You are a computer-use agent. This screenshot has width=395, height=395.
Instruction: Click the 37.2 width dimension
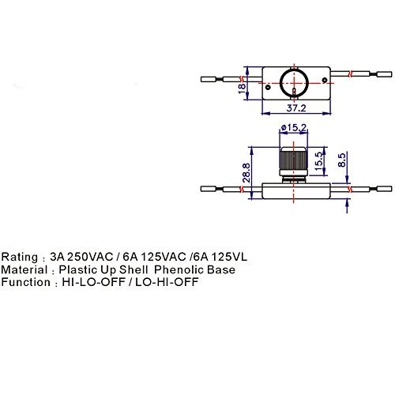(x=296, y=108)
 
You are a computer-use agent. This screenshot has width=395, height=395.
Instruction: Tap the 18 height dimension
(x=242, y=88)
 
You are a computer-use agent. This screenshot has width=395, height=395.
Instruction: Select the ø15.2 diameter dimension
(x=294, y=128)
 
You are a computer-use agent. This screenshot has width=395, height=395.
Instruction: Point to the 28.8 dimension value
(x=246, y=173)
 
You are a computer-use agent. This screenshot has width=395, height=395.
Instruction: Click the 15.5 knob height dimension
(x=318, y=160)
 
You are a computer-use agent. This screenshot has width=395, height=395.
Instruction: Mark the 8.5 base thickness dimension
(x=341, y=160)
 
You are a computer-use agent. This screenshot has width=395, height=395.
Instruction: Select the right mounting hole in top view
(x=325, y=80)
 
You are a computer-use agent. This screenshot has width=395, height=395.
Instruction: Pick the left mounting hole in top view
(x=268, y=87)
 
